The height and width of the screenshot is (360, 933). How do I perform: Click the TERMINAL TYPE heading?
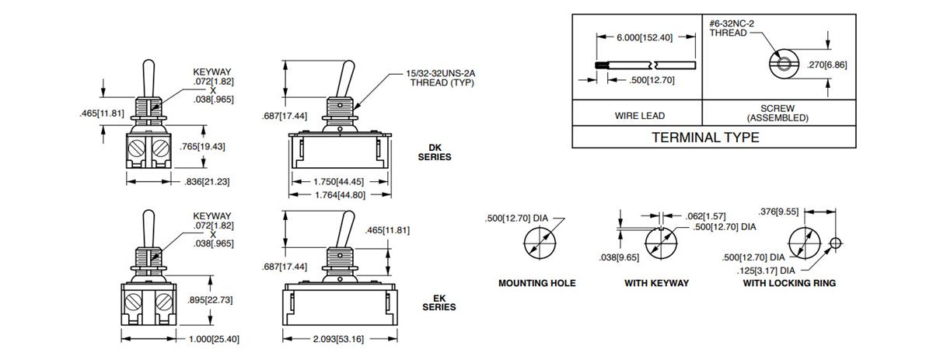coord(704,137)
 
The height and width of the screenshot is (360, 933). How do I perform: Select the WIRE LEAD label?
coord(640,116)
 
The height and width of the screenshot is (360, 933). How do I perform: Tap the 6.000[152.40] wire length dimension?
coord(645,37)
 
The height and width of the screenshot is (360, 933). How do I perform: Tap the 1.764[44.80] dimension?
coord(340,195)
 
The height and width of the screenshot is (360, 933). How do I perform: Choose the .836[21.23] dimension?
coord(204,181)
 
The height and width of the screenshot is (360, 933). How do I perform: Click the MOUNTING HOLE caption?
coord(536,284)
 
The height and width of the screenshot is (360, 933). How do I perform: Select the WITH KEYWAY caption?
coord(656,284)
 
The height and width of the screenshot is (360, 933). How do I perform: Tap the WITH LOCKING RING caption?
coord(788,284)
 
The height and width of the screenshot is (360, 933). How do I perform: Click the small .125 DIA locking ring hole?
coord(835,243)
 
